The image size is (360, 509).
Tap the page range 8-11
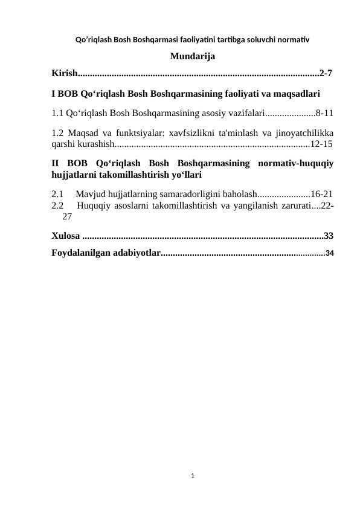pos(325,112)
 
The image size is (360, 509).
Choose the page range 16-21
pos(321,194)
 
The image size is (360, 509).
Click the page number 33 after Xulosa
pos(329,235)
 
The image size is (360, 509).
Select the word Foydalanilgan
pos(81,252)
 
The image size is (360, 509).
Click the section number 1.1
pos(58,112)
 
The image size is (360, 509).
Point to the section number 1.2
pos(58,132)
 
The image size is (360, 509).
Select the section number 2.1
pos(58,194)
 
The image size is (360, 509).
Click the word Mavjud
pos(91,194)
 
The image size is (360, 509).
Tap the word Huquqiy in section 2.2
pos(94,206)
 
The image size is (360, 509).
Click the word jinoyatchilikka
pos(302,132)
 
